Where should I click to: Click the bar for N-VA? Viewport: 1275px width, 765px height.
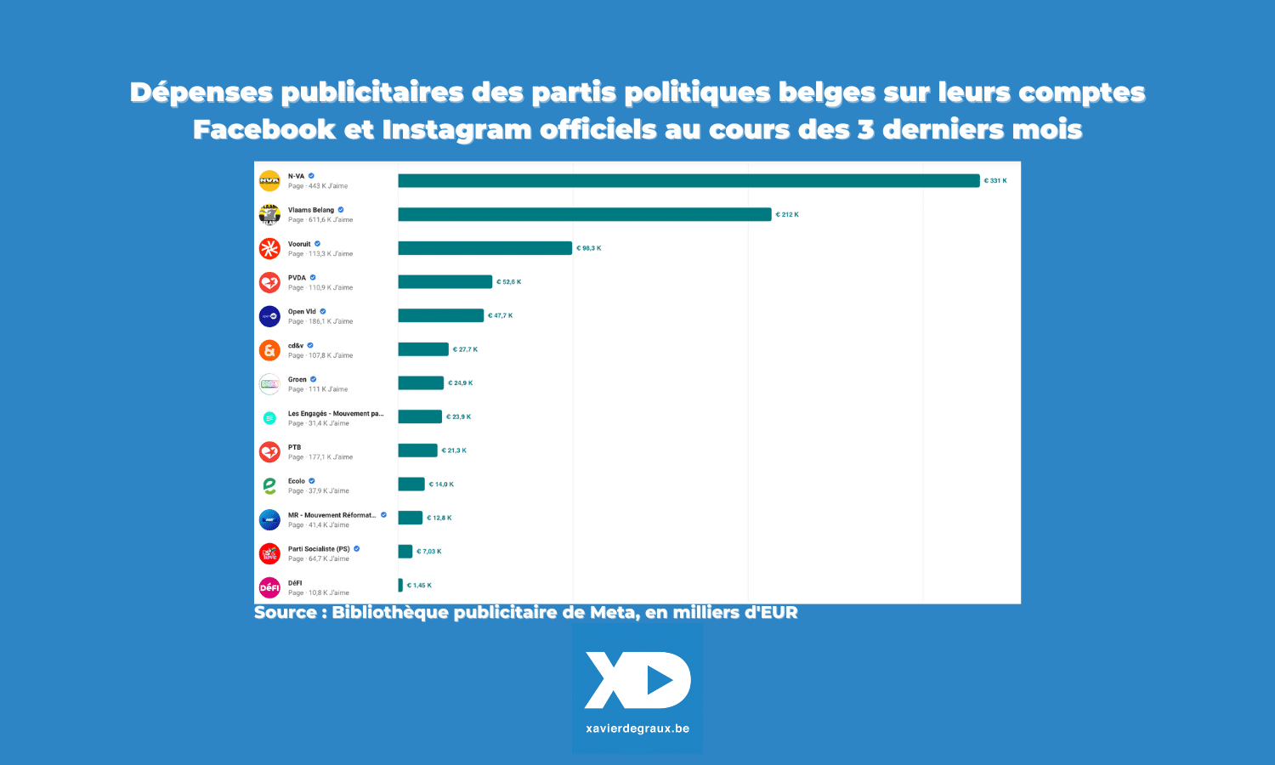click(688, 181)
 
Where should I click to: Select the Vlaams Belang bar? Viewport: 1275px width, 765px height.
click(584, 215)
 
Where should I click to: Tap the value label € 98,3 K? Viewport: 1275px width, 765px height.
click(589, 248)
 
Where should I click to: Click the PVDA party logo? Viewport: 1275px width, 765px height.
click(269, 282)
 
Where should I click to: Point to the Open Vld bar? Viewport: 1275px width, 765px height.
click(440, 315)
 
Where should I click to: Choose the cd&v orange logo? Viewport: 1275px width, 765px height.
click(269, 350)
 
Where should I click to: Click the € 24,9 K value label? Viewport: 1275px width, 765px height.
click(461, 383)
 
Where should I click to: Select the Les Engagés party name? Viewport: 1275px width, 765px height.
click(336, 414)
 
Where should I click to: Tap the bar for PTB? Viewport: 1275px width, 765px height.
click(417, 450)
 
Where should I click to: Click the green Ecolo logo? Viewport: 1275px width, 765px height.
click(269, 485)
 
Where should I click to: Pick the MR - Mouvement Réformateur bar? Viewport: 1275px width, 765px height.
click(410, 518)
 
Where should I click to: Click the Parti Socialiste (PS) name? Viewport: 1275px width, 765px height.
click(319, 549)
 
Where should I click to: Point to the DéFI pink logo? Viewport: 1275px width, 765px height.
click(269, 587)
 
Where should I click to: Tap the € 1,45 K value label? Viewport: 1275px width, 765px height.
click(419, 586)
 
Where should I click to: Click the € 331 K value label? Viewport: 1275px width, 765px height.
click(995, 181)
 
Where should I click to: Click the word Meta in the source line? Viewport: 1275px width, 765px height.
click(612, 613)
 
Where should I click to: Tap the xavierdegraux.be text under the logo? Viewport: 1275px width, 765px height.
click(637, 728)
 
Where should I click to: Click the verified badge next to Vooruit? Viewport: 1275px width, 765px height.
click(318, 244)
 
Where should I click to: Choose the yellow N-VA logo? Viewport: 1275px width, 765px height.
click(269, 181)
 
